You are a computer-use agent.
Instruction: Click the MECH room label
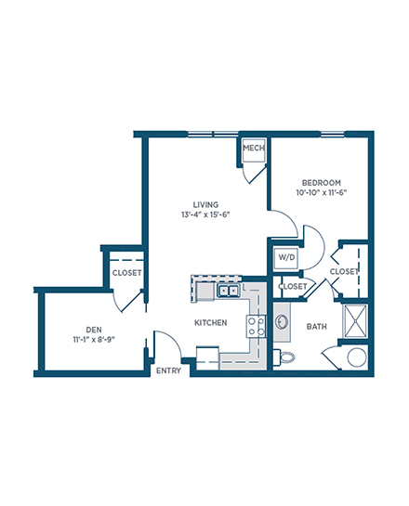click(254, 149)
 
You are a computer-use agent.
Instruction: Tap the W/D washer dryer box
click(286, 258)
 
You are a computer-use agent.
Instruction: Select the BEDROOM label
click(321, 183)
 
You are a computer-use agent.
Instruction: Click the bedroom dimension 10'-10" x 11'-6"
click(321, 193)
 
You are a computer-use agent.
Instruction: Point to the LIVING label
click(205, 204)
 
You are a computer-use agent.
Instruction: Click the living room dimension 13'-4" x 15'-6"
click(205, 214)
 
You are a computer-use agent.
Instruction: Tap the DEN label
click(94, 330)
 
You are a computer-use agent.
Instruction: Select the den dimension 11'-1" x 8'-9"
click(94, 340)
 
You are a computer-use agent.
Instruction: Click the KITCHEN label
click(211, 322)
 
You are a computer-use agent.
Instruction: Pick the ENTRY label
click(168, 370)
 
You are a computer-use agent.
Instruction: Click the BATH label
click(316, 327)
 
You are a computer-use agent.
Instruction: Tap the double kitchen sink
click(228, 292)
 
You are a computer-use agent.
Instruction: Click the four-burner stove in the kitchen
click(257, 326)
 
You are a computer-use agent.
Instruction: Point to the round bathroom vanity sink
click(282, 322)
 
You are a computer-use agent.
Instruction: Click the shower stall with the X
click(355, 320)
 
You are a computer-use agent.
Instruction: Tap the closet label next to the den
click(126, 273)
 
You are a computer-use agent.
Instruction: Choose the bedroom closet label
click(344, 271)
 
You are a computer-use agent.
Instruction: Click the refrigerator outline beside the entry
click(207, 358)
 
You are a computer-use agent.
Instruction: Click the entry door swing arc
click(173, 338)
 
